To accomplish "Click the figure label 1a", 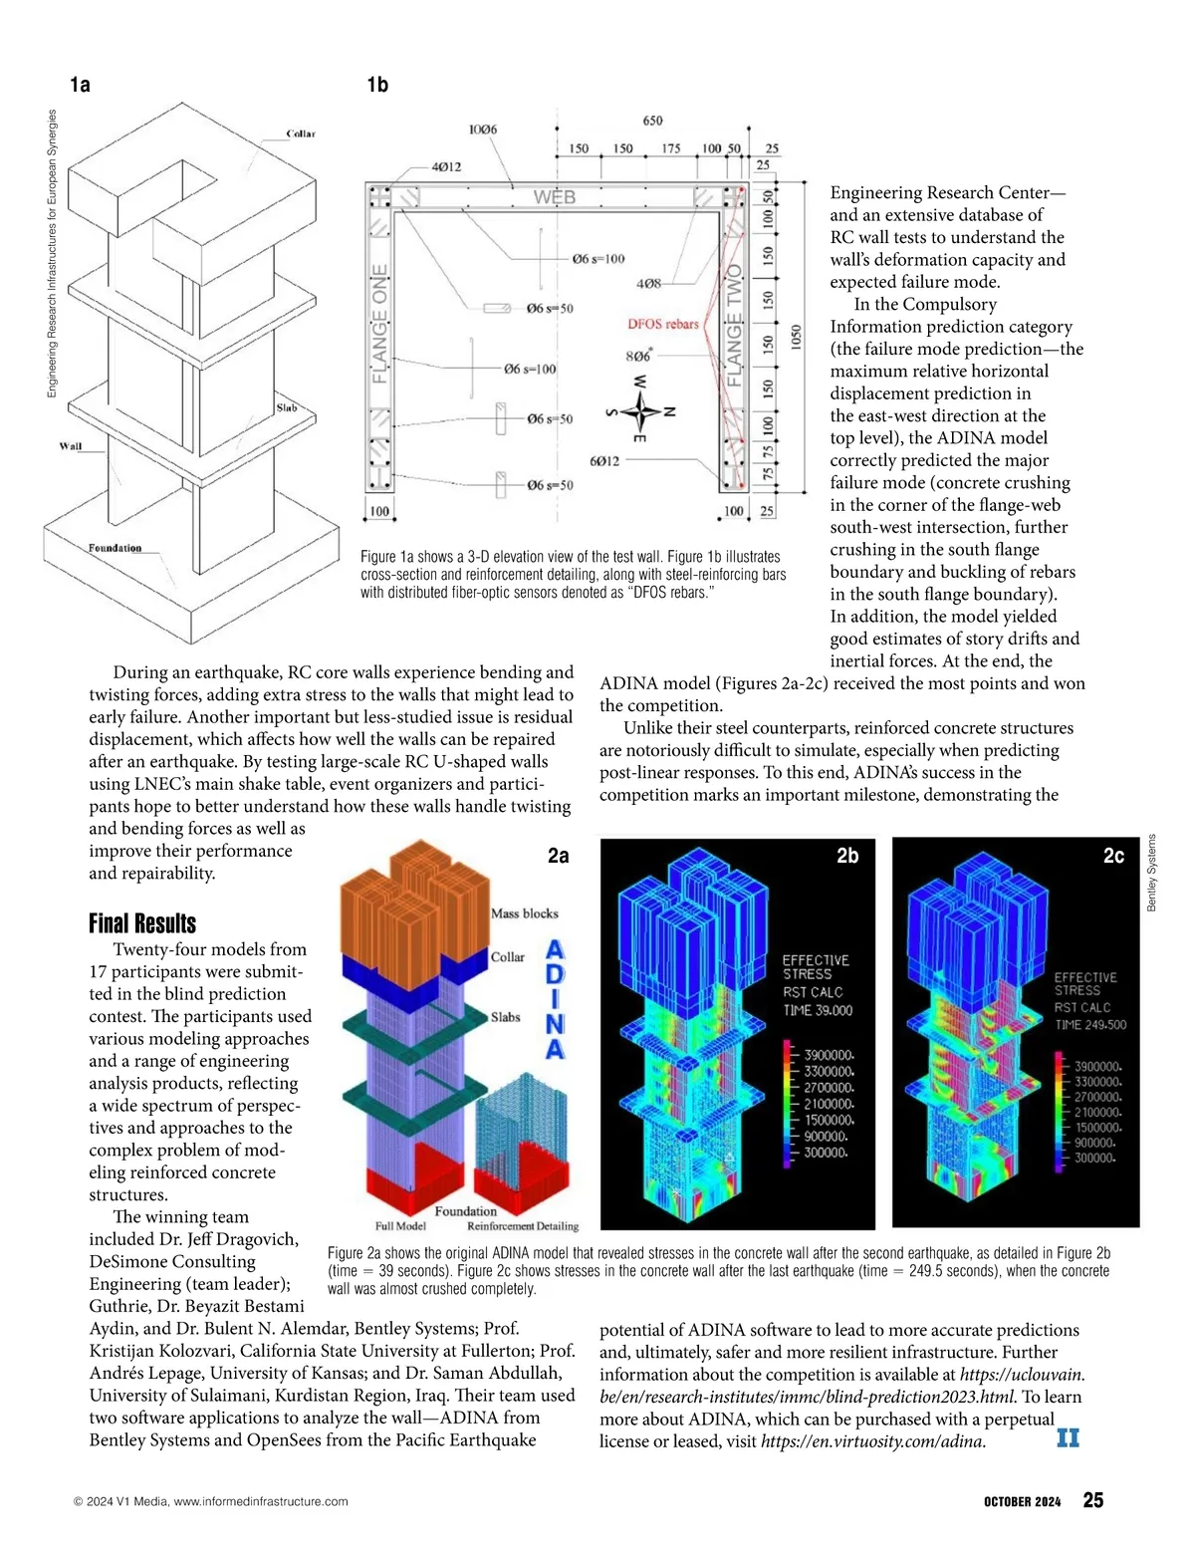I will (80, 85).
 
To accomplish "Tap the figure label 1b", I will (377, 85).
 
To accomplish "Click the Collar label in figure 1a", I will (301, 133).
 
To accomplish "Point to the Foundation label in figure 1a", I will (115, 548).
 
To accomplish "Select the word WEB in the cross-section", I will (554, 197).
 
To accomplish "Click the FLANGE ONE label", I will (379, 325).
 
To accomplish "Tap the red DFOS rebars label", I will (663, 324).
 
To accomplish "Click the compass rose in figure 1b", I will (641, 409).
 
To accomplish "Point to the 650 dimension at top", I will (652, 121).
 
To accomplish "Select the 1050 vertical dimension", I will (795, 337).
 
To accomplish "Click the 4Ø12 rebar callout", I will (446, 166).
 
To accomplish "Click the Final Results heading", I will (142, 923).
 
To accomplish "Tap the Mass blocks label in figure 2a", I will (525, 913).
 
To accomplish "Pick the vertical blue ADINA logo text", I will (556, 999).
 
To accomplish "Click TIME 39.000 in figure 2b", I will (818, 1010).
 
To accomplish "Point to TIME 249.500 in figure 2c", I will (1090, 1024).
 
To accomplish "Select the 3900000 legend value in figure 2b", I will (829, 1055).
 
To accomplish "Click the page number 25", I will (1092, 1500).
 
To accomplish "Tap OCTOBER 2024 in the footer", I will (1022, 1501).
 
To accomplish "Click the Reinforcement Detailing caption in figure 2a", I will (522, 1226).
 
